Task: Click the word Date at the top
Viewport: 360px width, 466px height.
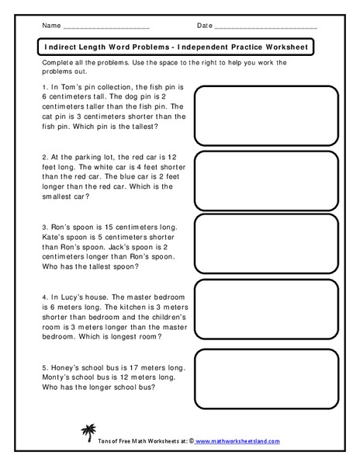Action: [204, 26]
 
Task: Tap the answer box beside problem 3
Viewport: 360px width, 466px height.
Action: [265, 242]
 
